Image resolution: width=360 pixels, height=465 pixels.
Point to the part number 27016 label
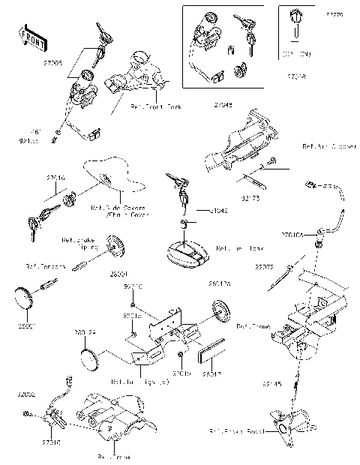[x=55, y=178]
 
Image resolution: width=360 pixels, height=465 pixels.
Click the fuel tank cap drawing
[x=188, y=254]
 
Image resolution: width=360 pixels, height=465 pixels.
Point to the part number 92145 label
[x=272, y=383]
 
